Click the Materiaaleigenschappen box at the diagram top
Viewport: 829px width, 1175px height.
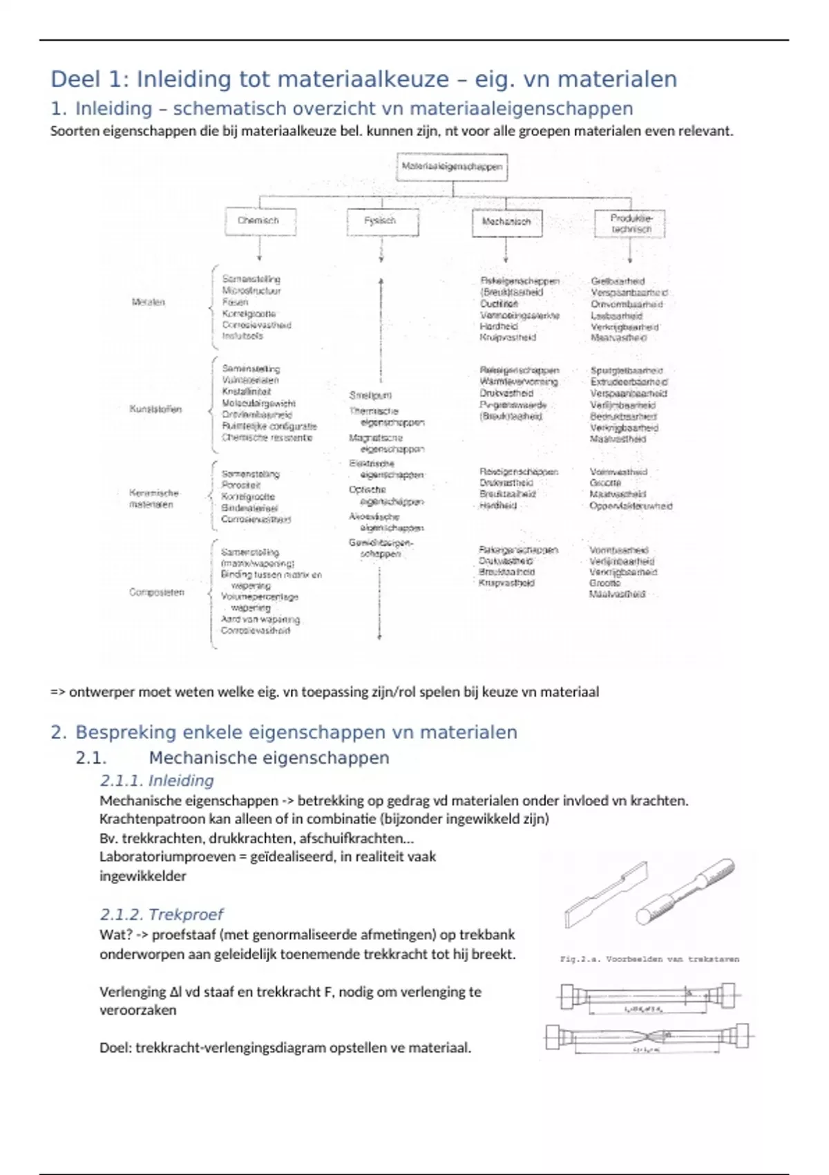click(x=452, y=167)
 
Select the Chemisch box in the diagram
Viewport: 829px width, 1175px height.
click(x=259, y=220)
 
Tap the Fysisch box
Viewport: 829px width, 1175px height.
click(x=381, y=220)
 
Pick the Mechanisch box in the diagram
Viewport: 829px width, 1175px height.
click(x=506, y=222)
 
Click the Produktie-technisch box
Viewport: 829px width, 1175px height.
click(x=630, y=223)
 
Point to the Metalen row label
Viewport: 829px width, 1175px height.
click(x=149, y=302)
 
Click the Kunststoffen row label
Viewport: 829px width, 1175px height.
click(x=155, y=409)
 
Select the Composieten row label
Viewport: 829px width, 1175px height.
click(x=157, y=592)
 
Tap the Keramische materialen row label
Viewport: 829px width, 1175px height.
click(x=153, y=498)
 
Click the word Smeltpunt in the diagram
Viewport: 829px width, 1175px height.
click(x=370, y=395)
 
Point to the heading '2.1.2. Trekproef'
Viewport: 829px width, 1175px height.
click(x=161, y=914)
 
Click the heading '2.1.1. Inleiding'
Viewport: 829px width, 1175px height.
click(x=157, y=780)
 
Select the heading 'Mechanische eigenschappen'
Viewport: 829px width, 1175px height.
click(x=269, y=758)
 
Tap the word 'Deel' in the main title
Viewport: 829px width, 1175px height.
click(x=76, y=79)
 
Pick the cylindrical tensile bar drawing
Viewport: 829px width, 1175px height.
click(x=686, y=892)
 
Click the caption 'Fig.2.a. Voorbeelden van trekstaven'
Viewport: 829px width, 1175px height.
click(x=649, y=959)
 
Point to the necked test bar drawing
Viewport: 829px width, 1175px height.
click(x=649, y=1037)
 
